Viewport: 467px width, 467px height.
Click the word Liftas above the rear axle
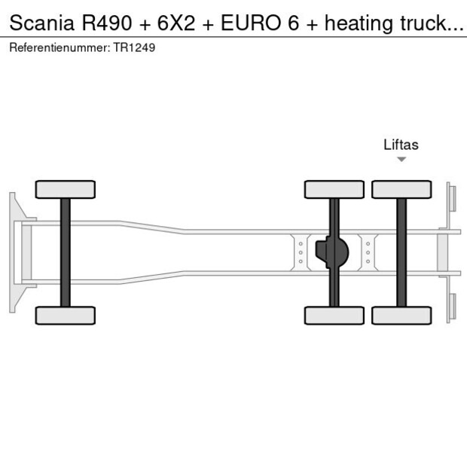[x=401, y=145]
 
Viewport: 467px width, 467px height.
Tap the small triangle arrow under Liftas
[x=401, y=159]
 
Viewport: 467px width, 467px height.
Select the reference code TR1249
[x=136, y=47]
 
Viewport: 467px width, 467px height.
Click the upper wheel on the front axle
[x=66, y=189]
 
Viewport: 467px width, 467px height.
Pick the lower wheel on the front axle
[x=66, y=315]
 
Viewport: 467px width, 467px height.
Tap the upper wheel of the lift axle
[x=401, y=189]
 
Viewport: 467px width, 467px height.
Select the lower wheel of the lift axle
[x=401, y=315]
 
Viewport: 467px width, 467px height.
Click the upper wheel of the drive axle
[x=334, y=189]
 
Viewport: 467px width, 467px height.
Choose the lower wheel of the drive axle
[x=334, y=315]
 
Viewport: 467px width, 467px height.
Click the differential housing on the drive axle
[x=334, y=252]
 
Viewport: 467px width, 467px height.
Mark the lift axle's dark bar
[x=401, y=226]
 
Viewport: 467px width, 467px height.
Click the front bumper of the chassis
[x=14, y=252]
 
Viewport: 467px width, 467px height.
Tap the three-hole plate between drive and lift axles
[x=368, y=252]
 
